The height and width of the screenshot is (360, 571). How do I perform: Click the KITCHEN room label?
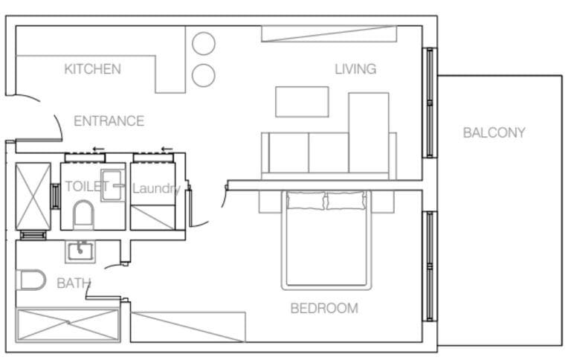[92, 69]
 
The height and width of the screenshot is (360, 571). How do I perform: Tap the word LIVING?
[355, 69]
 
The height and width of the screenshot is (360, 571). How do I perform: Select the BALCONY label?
[494, 132]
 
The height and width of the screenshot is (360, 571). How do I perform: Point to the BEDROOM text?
[324, 308]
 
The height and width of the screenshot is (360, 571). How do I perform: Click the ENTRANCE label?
[109, 121]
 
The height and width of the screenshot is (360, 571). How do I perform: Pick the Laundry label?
[156, 188]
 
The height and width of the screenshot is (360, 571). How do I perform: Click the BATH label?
[74, 283]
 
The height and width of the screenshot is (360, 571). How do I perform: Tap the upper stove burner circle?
[204, 44]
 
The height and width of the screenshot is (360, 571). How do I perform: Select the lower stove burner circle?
[204, 75]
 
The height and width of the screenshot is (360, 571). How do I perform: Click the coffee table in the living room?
[302, 102]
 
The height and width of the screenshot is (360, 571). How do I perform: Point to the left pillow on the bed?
[306, 200]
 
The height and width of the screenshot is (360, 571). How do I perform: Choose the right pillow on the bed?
[346, 200]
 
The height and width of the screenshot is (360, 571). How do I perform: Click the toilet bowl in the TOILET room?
[83, 215]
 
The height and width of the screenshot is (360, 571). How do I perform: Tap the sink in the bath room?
[80, 251]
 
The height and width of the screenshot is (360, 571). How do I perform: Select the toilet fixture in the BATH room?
[31, 280]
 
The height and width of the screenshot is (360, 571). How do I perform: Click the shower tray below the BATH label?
[68, 325]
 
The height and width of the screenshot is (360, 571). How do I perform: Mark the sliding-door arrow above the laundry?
[167, 149]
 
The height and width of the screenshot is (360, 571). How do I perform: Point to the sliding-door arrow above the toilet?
[99, 149]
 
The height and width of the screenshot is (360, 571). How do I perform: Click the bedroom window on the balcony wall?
[430, 266]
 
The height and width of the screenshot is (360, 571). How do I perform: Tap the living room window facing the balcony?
[430, 103]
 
